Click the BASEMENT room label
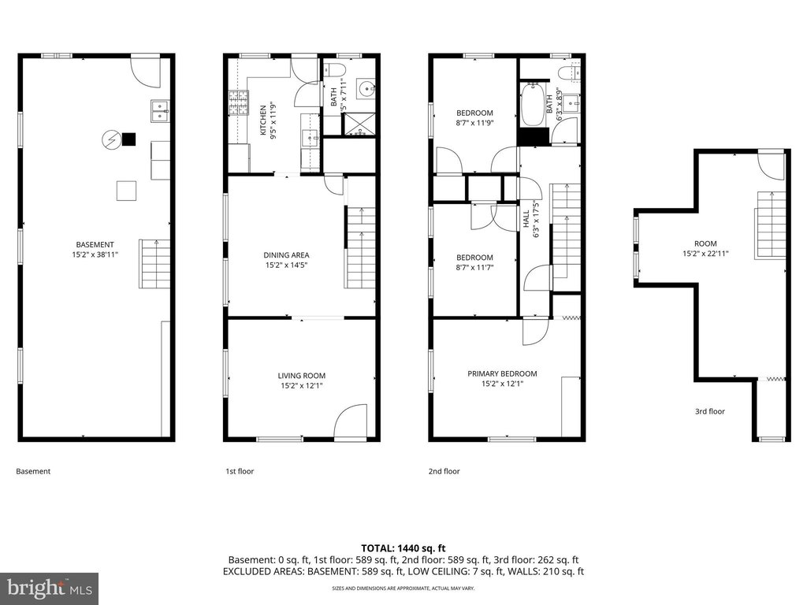coord(95,245)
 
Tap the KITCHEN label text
coord(263,121)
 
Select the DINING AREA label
coord(286,255)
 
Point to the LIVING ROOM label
coord(302,376)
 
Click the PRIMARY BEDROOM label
coord(502,374)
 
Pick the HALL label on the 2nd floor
coord(526,219)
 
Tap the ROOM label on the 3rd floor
coord(705,244)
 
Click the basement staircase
coord(155,263)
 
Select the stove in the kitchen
coord(238,102)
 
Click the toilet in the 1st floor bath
coord(337,69)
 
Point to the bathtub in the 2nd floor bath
coord(532,105)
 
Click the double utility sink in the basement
coord(160,111)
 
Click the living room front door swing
coord(351,420)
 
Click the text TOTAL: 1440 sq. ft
coord(403,548)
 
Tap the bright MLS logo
coord(50,588)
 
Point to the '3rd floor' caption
coord(710,411)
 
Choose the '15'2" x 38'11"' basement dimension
coord(95,254)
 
